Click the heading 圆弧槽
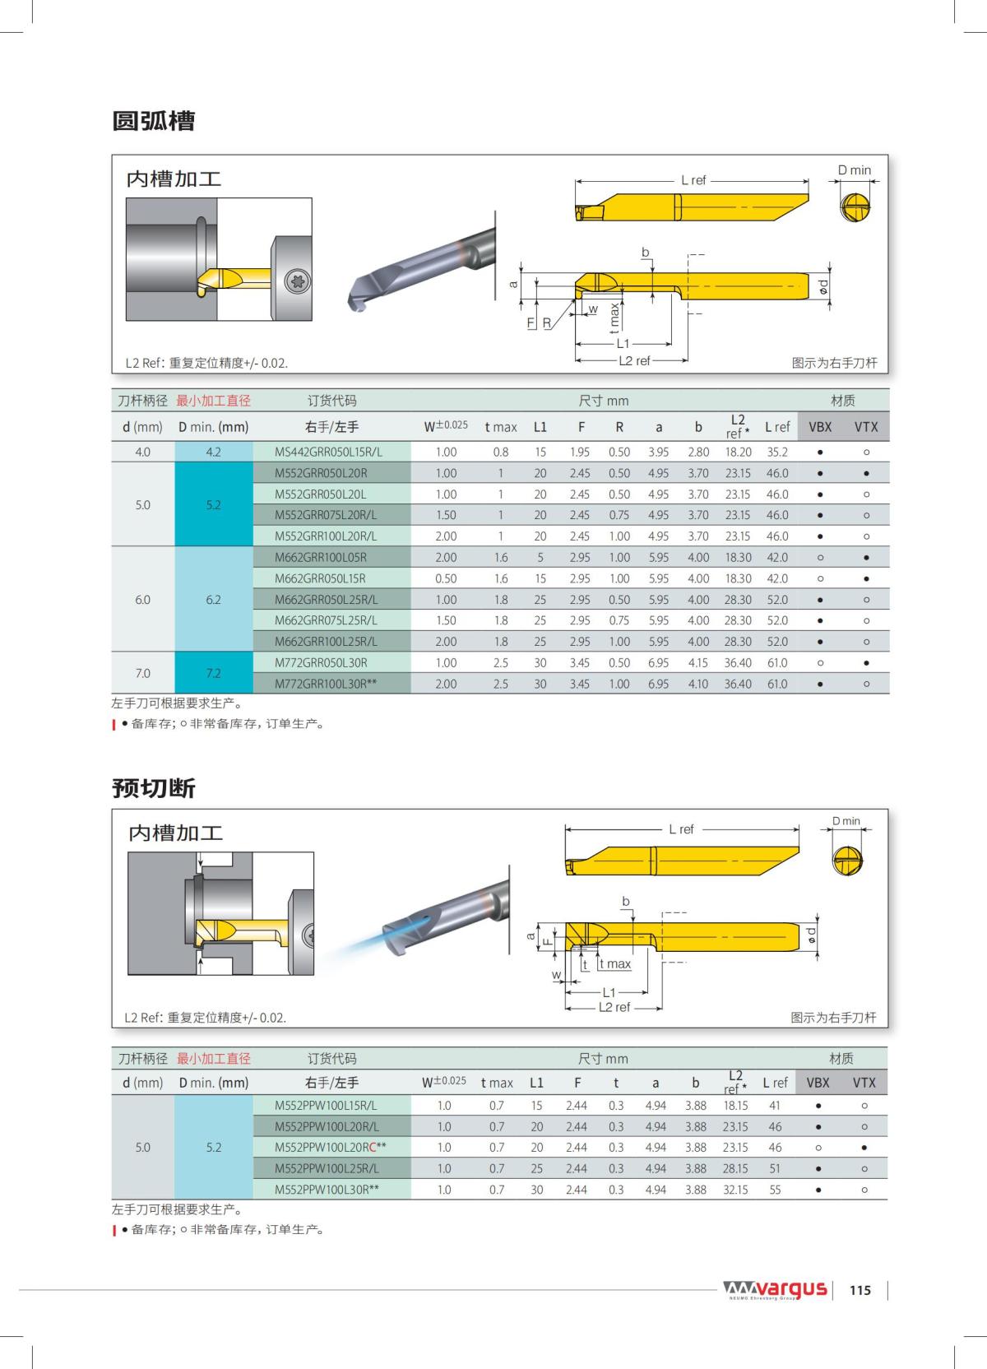pos(154,122)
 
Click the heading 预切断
pos(154,788)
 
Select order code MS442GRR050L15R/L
pos(328,452)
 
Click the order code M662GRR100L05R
pos(320,557)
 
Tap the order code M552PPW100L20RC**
pos(330,1147)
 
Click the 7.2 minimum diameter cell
pos(213,673)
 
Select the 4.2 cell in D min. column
pos(213,452)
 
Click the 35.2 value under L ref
pos(776,452)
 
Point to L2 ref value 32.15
pos(734,1190)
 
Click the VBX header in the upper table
pos(820,426)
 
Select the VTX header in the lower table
pos(864,1083)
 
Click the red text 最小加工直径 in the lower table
pos(214,1059)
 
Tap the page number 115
pos(860,1290)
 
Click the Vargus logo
pos(775,1288)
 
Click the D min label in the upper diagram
pos(854,170)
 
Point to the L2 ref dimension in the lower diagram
pos(614,1008)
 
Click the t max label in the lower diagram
pos(614,964)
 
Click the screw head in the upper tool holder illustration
pos(297,281)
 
